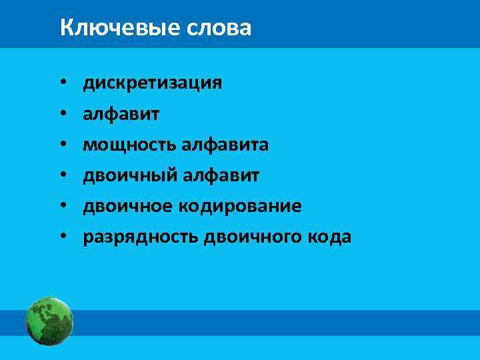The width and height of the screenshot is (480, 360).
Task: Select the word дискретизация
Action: (x=152, y=83)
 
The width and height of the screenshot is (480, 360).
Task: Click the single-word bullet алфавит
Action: (x=121, y=114)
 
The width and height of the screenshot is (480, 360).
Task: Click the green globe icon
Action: (x=49, y=321)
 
